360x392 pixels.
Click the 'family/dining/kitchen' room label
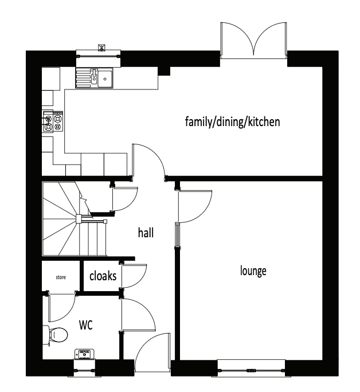[x=232, y=121]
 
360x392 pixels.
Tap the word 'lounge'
[x=253, y=271]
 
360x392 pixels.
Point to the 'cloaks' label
[x=103, y=276]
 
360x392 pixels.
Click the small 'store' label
[x=61, y=277]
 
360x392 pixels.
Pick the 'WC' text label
[x=86, y=325]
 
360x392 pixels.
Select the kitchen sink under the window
[x=96, y=77]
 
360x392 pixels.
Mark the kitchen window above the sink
[x=99, y=56]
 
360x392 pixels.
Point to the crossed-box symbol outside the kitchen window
[x=103, y=46]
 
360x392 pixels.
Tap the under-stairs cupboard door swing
[x=123, y=199]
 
